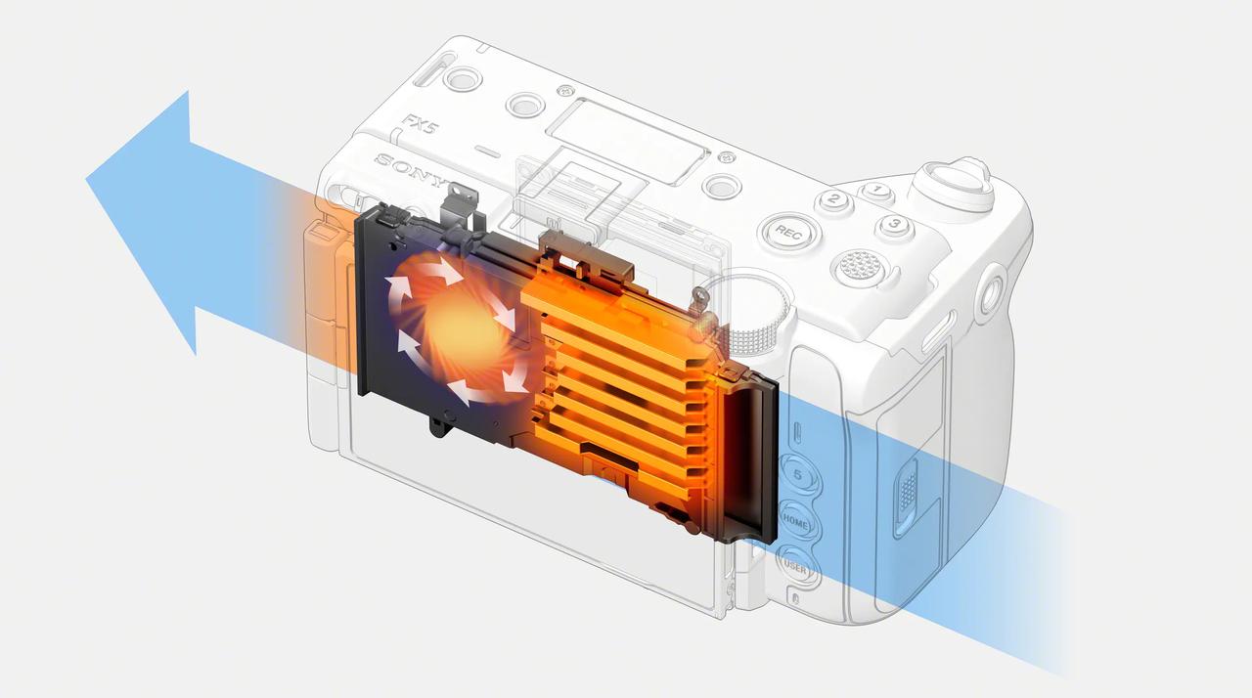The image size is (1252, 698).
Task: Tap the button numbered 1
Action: tap(876, 191)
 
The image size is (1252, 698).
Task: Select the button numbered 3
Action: tap(894, 225)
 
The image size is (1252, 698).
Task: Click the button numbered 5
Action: tap(799, 475)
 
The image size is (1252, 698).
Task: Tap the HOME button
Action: tap(796, 522)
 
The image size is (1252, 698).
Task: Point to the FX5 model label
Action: tap(421, 123)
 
